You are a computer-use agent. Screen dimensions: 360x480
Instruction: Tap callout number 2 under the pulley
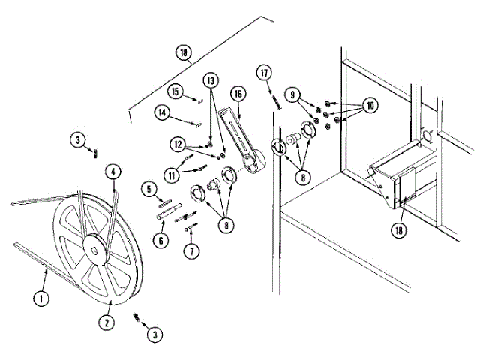[109, 322]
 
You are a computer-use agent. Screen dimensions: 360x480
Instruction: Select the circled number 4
[112, 172]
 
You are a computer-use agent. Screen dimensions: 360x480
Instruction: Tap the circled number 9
[293, 94]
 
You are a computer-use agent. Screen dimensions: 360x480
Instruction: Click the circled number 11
[172, 175]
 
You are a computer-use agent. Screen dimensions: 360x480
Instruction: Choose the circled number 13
[211, 79]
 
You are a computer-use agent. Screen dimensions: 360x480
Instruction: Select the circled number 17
[263, 73]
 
